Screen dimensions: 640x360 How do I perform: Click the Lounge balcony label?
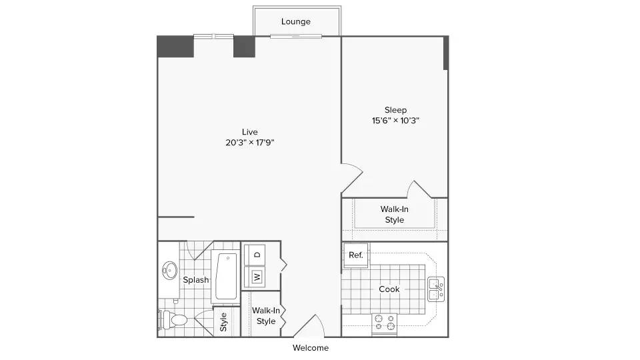(295, 21)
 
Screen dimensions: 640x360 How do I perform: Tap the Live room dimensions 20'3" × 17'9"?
(250, 143)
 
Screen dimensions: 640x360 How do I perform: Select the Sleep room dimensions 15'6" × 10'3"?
(395, 121)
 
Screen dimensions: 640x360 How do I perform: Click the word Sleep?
(395, 110)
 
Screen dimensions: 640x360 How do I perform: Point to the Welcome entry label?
(311, 348)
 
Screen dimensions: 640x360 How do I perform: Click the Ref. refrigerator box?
(356, 255)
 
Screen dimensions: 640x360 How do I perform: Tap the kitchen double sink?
(436, 289)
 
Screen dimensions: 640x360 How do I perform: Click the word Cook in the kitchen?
(389, 289)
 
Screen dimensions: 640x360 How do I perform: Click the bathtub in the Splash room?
(226, 276)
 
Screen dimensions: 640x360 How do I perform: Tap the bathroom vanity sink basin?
(169, 270)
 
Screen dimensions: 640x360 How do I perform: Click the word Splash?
(196, 280)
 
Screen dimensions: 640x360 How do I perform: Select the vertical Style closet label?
(223, 322)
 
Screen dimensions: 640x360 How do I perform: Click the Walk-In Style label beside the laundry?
(266, 316)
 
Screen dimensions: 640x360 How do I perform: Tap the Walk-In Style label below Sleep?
(394, 214)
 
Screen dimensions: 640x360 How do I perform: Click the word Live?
(250, 132)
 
